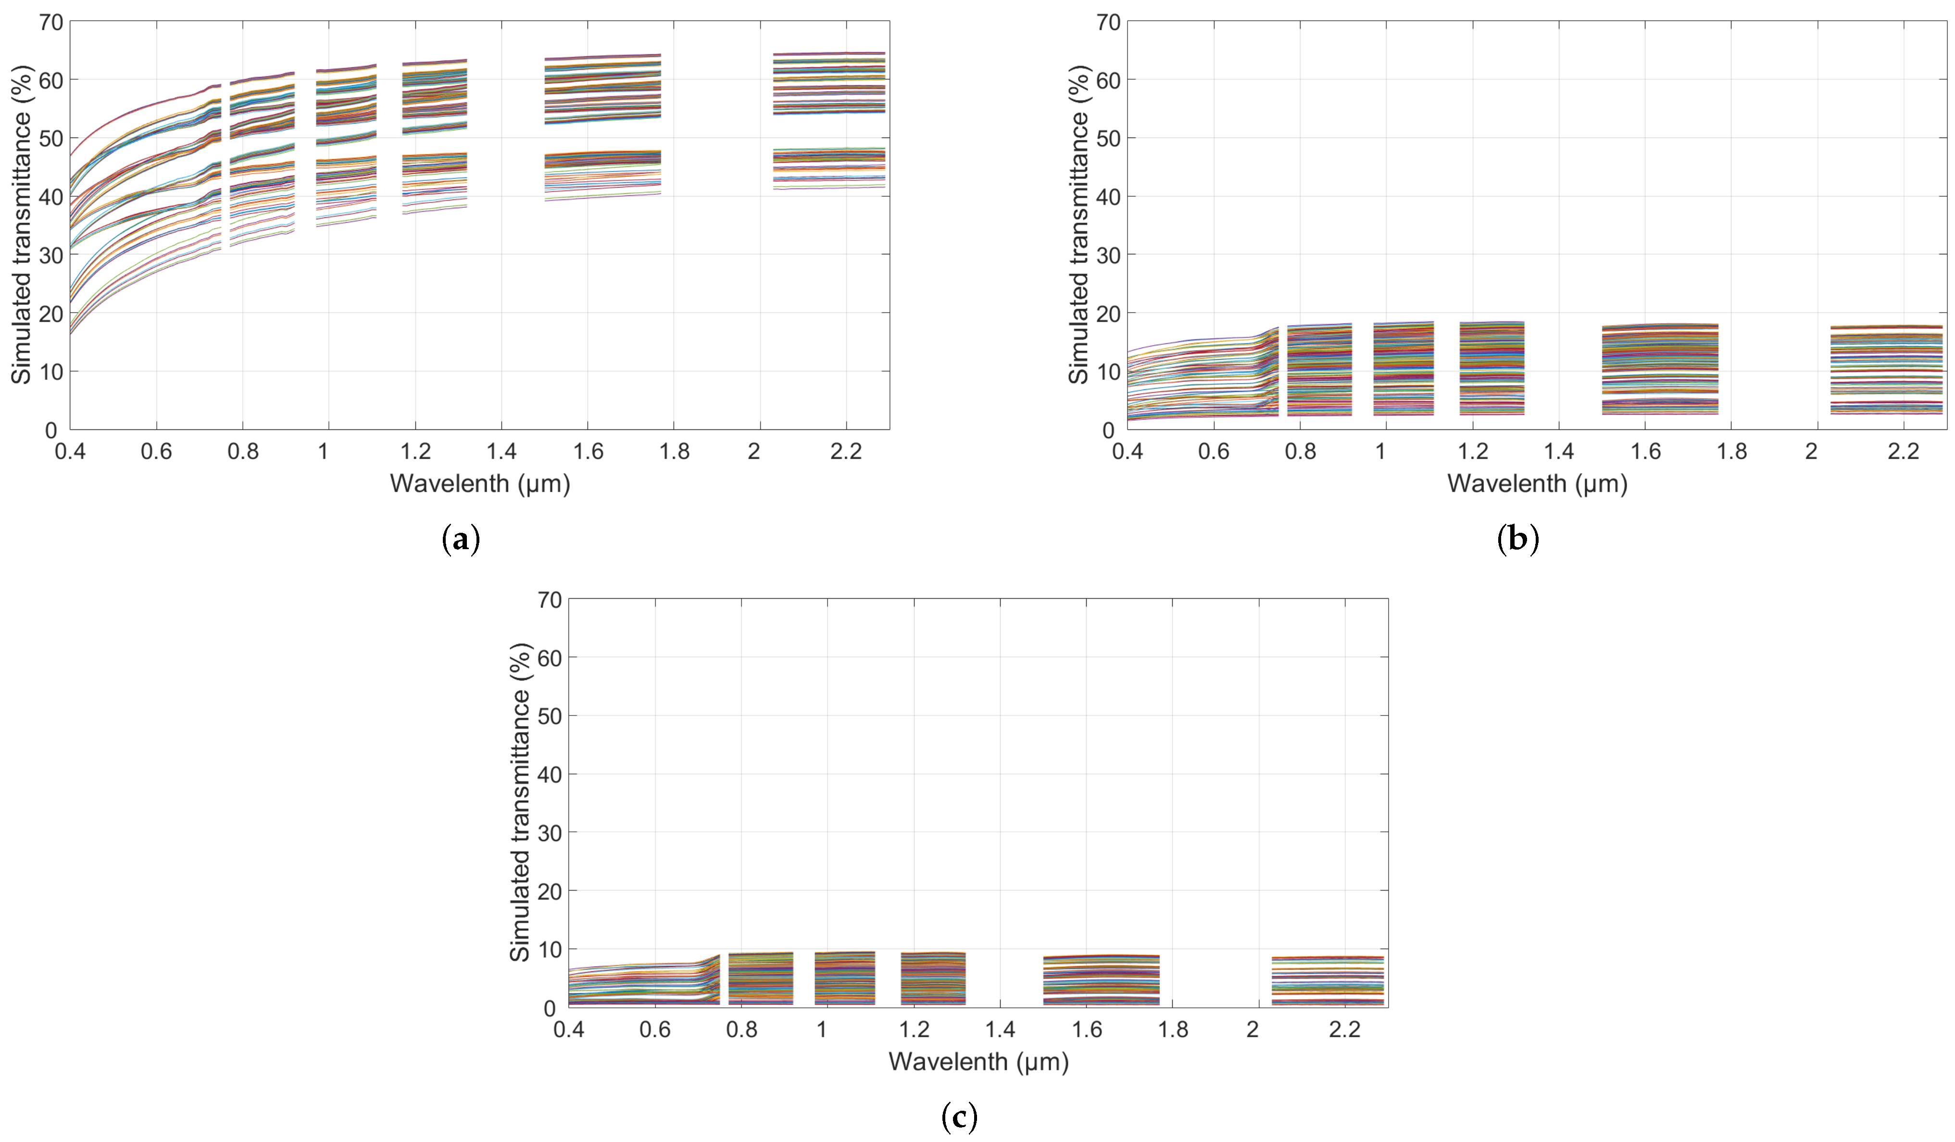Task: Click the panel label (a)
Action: click(x=461, y=539)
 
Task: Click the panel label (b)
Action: click(x=1517, y=539)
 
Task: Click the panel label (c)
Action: click(x=959, y=1117)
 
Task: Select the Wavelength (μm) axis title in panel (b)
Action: click(x=1537, y=483)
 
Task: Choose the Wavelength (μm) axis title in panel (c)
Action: click(x=978, y=1061)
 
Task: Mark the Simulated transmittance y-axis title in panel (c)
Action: click(x=520, y=803)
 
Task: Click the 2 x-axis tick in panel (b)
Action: click(x=1811, y=451)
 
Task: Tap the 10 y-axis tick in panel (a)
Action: click(x=51, y=372)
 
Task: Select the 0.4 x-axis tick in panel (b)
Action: click(x=1127, y=451)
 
